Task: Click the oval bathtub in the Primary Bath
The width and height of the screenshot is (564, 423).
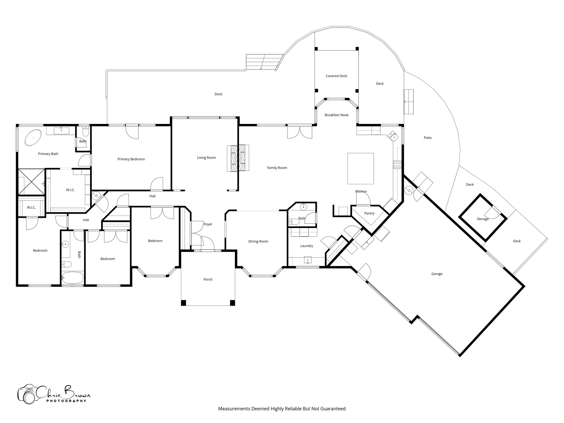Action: click(x=33, y=137)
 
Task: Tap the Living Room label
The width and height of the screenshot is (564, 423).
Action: click(x=206, y=158)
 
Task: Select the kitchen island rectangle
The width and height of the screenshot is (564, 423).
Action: click(x=360, y=169)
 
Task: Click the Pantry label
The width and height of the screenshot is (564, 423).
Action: click(x=369, y=213)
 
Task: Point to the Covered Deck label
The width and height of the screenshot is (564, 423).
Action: click(x=336, y=76)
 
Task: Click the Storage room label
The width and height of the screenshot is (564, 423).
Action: click(x=483, y=219)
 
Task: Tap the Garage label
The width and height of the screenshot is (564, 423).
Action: click(x=437, y=274)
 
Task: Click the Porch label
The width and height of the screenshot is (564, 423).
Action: click(x=208, y=280)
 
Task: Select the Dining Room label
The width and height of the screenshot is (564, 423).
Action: click(x=258, y=242)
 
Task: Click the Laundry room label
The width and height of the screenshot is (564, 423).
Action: click(x=307, y=246)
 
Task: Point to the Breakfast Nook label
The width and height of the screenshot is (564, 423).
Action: click(x=337, y=115)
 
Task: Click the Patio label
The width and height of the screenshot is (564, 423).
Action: click(x=428, y=138)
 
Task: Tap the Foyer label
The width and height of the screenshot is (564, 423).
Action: click(x=208, y=224)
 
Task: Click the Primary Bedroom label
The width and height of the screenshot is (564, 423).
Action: click(x=131, y=159)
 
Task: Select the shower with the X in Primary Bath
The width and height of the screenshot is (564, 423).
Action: click(x=31, y=182)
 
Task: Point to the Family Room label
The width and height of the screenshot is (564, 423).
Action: click(x=277, y=168)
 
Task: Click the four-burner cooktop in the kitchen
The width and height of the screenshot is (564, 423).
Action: click(x=397, y=165)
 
